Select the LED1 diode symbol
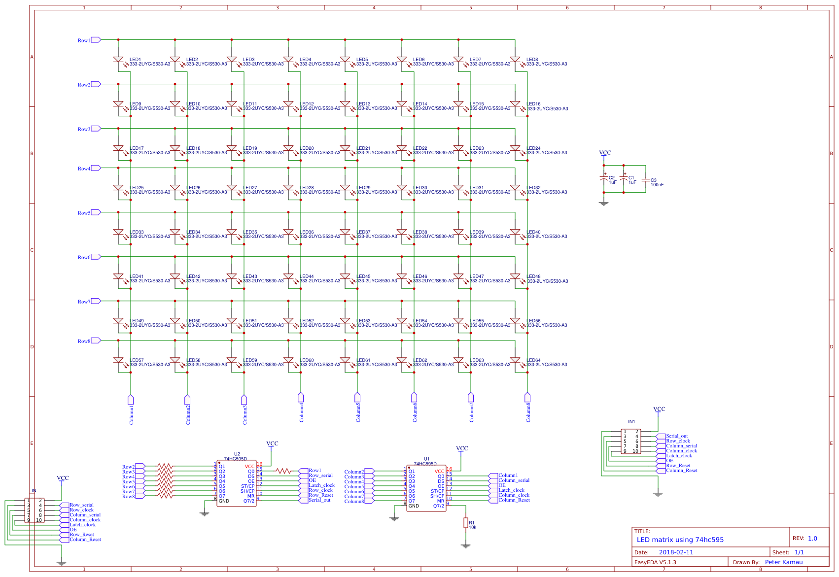pos(118,60)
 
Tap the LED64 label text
pos(533,360)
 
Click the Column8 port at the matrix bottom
pos(527,398)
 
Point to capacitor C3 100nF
pos(645,181)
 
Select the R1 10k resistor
pos(465,523)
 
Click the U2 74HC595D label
pos(237,456)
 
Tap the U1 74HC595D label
pos(426,461)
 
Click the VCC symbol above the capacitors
pos(605,153)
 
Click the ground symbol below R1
pos(465,546)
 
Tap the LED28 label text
pos(307,188)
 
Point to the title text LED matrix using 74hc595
pos(680,540)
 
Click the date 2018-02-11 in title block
pos(676,552)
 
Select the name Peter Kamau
pos(784,562)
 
